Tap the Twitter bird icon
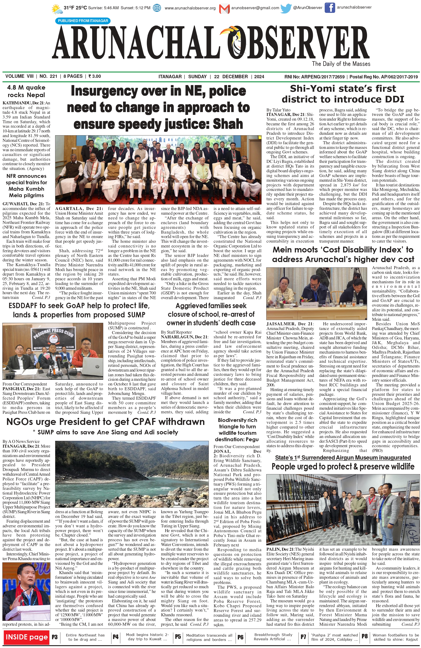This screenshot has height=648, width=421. point(286,8)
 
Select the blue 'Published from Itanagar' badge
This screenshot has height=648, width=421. point(83,21)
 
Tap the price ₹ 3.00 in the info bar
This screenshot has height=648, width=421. point(95,76)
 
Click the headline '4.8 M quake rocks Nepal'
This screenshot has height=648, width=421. point(26,91)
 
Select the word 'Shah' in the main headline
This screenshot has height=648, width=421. point(228,124)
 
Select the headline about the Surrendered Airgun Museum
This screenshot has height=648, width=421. point(343,458)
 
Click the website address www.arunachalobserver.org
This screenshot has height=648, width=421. point(190,8)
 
